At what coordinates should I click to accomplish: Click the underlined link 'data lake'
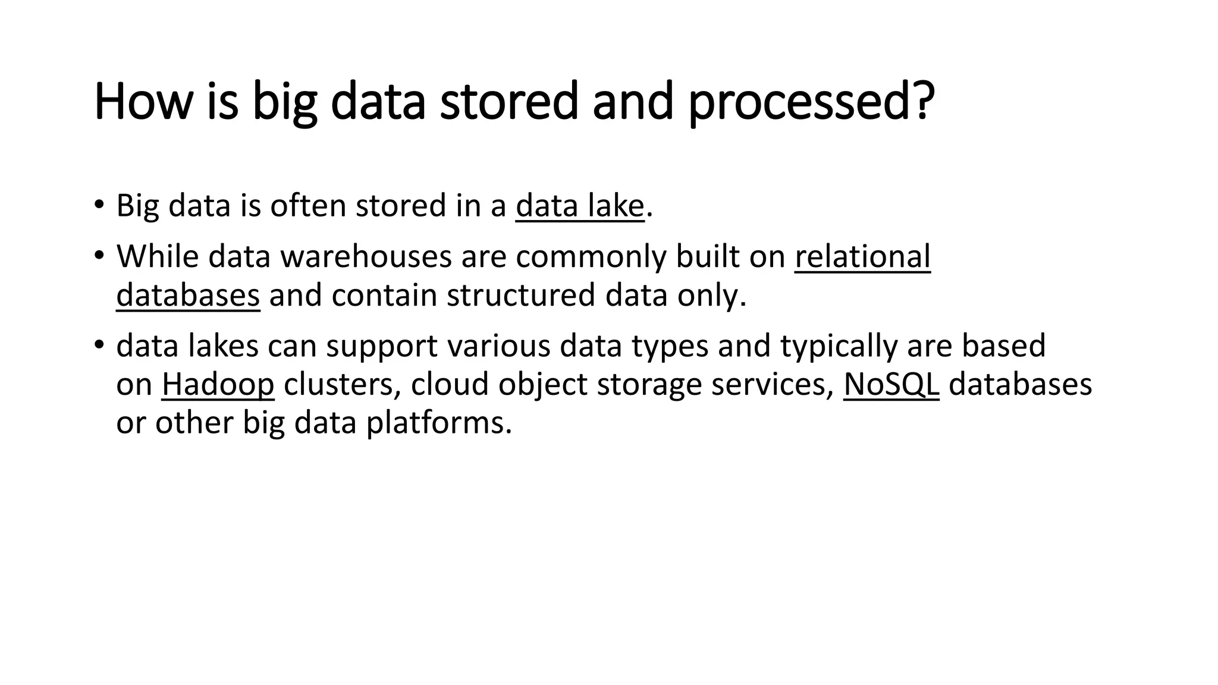click(580, 206)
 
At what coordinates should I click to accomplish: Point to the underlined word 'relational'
click(862, 257)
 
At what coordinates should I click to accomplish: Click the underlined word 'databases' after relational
click(188, 296)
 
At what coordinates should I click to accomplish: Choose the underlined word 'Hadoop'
click(218, 384)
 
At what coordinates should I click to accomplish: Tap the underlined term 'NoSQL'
click(891, 384)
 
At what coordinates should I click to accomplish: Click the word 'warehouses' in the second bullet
click(366, 257)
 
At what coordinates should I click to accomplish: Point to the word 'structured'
click(520, 296)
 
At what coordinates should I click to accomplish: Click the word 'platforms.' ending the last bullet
click(438, 423)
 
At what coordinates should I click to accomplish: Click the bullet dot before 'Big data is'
click(99, 205)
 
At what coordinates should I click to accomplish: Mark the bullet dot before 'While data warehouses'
click(99, 256)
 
